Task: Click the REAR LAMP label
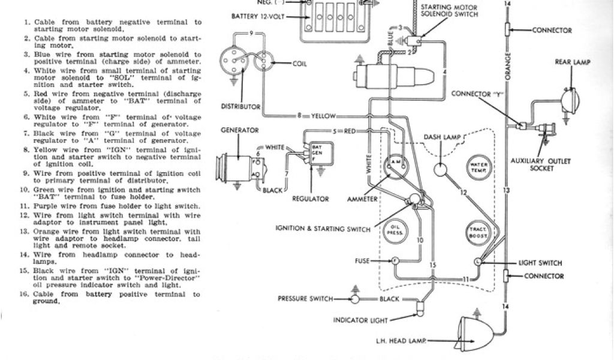click(x=571, y=61)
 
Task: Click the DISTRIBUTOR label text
click(x=241, y=107)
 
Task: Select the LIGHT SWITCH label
click(x=540, y=263)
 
